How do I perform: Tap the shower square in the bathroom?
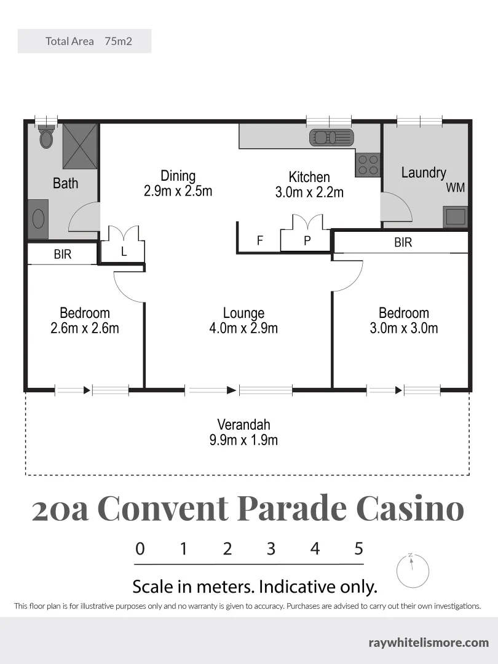click(x=80, y=145)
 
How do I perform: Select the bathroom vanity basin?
click(x=38, y=219)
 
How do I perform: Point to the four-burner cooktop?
click(x=368, y=164)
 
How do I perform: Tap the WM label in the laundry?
click(x=455, y=188)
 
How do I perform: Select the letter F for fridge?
click(x=260, y=241)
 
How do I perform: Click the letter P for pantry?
click(x=307, y=241)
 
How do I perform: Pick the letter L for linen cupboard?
click(x=124, y=251)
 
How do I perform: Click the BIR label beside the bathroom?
click(x=63, y=254)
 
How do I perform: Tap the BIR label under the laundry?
click(x=403, y=242)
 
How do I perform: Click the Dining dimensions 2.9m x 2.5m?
click(x=178, y=191)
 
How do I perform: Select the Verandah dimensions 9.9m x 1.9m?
click(x=243, y=440)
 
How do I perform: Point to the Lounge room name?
click(x=243, y=313)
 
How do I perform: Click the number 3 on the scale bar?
click(x=271, y=548)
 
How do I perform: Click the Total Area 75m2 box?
click(x=84, y=41)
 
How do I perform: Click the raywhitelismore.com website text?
click(x=429, y=642)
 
